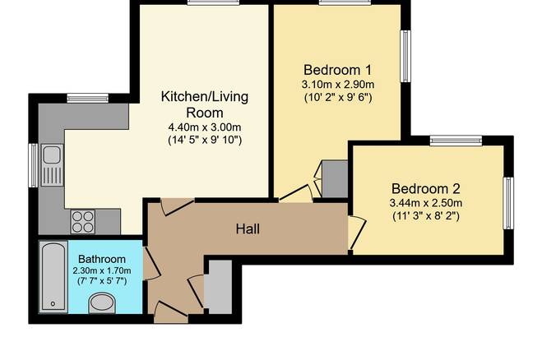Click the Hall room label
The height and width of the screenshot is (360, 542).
[248, 228]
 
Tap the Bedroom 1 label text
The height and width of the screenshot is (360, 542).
[337, 70]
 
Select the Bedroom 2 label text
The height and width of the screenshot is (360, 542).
[426, 189]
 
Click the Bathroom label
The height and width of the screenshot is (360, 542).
[102, 259]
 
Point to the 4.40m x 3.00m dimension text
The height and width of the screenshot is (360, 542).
[205, 127]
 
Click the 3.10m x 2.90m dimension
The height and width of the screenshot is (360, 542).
[338, 85]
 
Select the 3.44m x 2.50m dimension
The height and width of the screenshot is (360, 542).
[426, 203]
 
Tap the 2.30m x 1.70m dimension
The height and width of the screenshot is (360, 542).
[102, 270]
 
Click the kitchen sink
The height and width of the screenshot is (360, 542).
[52, 165]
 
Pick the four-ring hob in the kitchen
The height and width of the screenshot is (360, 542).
[83, 222]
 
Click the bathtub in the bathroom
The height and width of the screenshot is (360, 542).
[53, 277]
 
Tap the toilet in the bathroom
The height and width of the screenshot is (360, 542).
[102, 303]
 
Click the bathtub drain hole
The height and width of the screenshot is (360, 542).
[53, 303]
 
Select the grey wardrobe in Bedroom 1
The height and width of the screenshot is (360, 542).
[335, 179]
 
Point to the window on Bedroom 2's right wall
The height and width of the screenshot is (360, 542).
[508, 203]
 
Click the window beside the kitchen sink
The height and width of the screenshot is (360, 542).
[33, 165]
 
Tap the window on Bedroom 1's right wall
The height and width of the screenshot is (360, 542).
[405, 57]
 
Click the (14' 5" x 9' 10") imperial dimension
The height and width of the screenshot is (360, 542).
[205, 141]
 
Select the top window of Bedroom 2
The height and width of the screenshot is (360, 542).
[456, 141]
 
